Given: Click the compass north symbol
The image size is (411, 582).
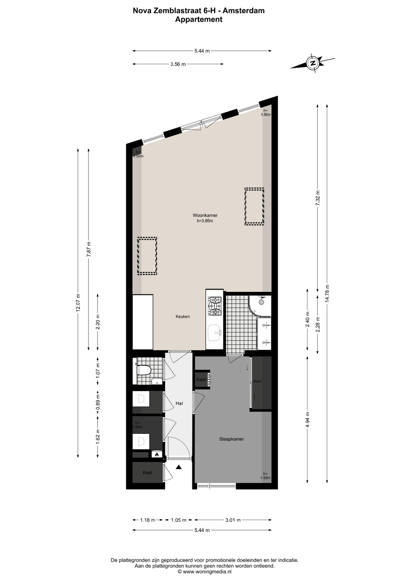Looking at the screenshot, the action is click(313, 63).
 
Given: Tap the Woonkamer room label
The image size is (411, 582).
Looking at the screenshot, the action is click(205, 216).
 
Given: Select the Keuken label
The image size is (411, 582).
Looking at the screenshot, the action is click(183, 316).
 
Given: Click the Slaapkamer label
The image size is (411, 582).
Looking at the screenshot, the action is click(232, 439).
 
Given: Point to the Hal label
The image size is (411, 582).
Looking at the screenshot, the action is click(179, 403).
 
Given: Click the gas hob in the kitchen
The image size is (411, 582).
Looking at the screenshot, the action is click(215, 306).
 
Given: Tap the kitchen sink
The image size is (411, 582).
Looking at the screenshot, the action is click(214, 333).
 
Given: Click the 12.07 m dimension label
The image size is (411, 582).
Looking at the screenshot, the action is click(78, 303).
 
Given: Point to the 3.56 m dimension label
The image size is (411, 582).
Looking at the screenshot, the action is click(178, 64).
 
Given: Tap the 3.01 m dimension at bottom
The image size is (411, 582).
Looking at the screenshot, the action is click(233, 520).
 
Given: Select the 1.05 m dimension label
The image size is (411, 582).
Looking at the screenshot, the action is click(179, 520).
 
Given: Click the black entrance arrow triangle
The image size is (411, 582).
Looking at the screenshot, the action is click(179, 467).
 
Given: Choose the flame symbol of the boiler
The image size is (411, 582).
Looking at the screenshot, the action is click(157, 454).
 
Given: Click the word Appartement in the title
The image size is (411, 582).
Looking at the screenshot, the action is click(199, 19).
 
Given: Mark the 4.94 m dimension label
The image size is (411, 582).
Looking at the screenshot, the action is click(308, 420).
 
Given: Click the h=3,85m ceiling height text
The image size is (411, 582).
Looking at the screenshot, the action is click(205, 221).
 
